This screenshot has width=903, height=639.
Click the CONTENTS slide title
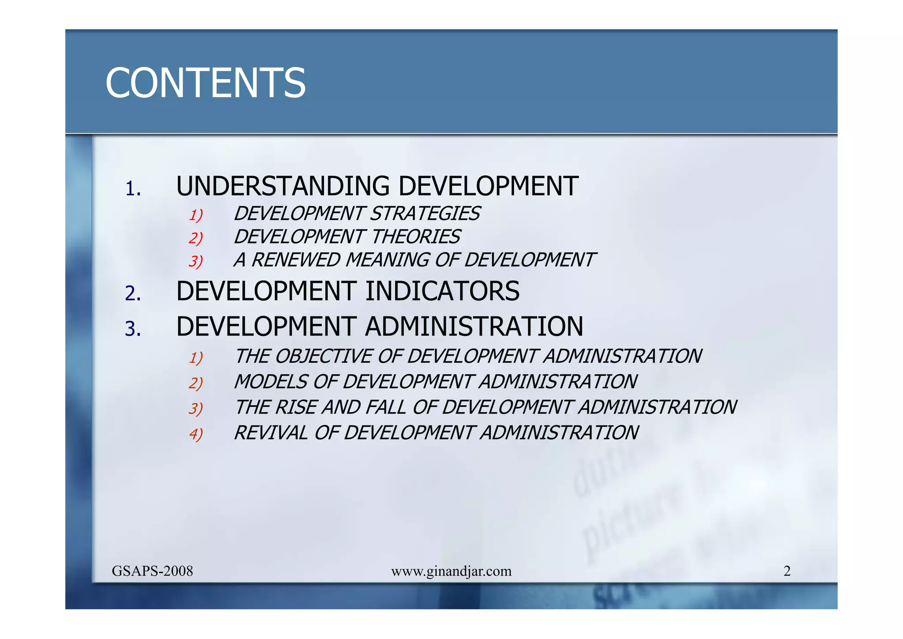tap(205, 83)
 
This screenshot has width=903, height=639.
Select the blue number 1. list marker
tap(133, 189)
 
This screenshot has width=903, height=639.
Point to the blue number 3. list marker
tap(133, 329)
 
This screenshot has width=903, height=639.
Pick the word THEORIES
tap(416, 237)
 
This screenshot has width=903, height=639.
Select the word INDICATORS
tap(442, 292)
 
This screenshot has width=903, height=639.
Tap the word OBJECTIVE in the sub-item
tap(323, 357)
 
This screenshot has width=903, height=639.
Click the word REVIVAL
tap(270, 433)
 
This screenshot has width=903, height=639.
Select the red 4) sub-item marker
tap(195, 434)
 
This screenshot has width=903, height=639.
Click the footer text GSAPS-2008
tap(152, 571)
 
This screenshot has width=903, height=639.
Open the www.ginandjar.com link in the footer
tap(451, 571)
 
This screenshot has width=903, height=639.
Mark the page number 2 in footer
tap(787, 571)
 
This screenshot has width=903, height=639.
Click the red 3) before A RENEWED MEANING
tap(195, 262)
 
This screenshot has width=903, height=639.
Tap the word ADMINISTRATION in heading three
tap(474, 327)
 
